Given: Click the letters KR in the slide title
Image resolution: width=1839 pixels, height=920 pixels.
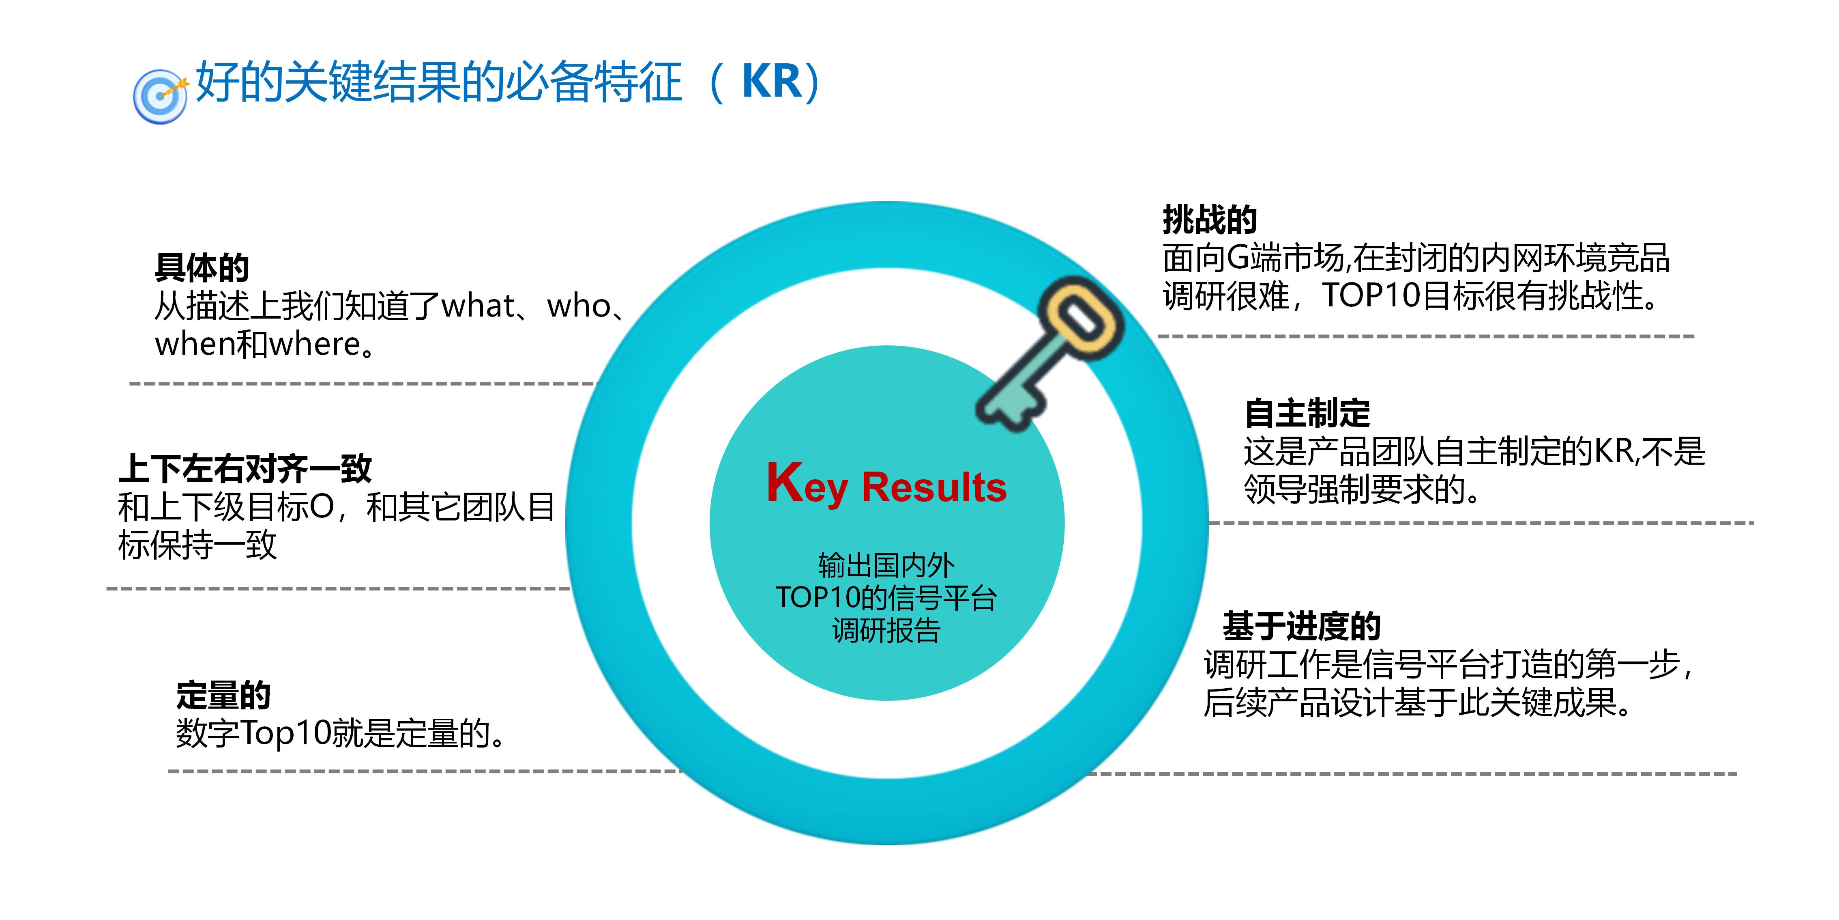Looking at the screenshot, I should [x=772, y=82].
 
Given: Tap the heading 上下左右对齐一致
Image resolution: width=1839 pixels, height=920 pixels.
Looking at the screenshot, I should [x=245, y=469].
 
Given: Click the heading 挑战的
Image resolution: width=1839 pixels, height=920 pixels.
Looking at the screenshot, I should [x=1209, y=219].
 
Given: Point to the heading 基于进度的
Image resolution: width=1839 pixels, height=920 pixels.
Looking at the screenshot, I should [x=1301, y=627].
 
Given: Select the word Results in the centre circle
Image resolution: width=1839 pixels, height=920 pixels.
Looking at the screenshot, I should [x=934, y=488].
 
